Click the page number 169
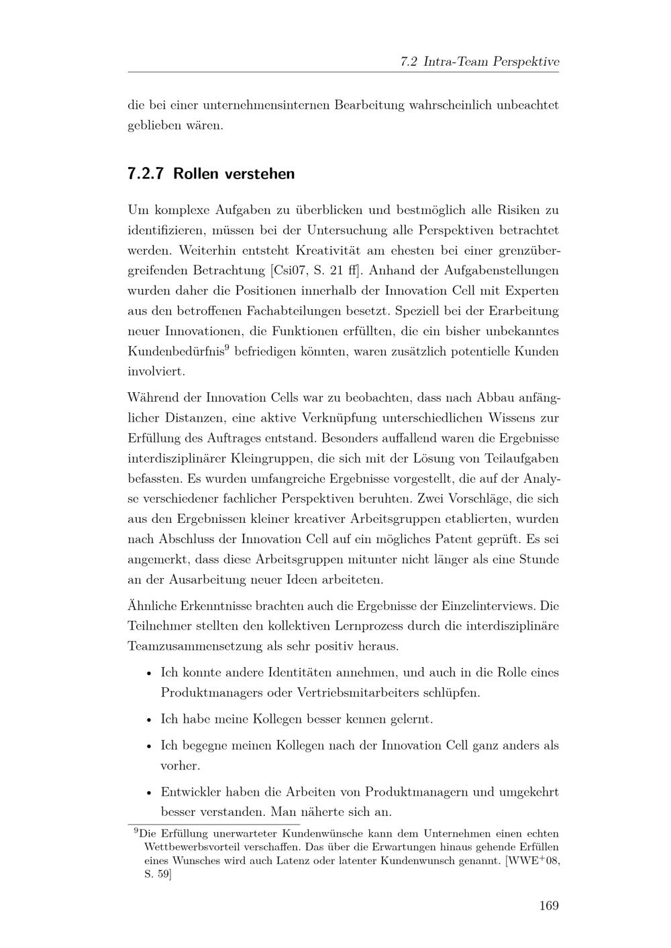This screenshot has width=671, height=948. pos(548,906)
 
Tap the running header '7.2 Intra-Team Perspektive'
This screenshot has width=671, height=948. pos(479,62)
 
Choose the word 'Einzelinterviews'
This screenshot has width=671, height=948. pos(486,605)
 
